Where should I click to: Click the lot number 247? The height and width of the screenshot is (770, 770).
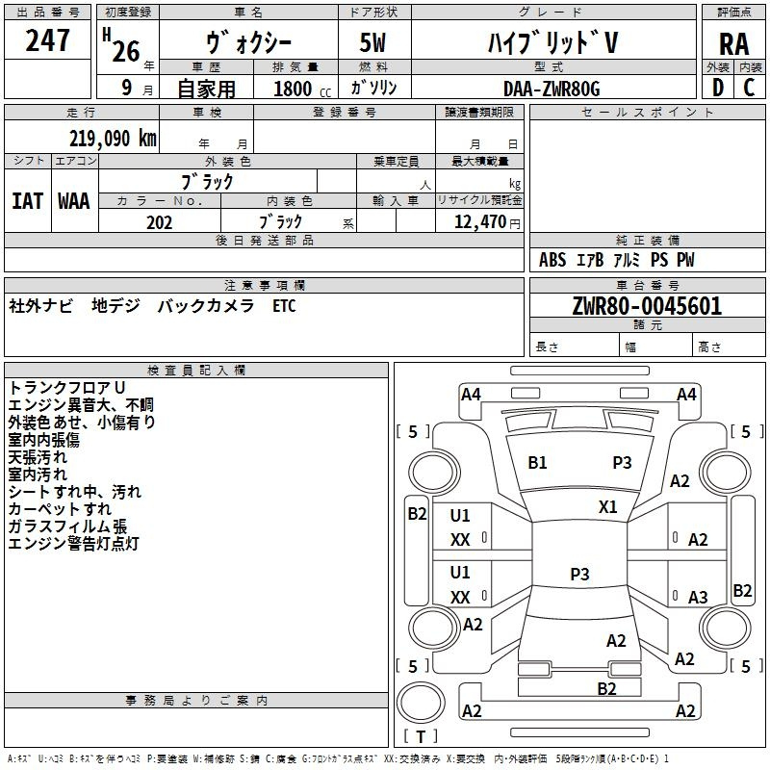pyautogui.click(x=47, y=39)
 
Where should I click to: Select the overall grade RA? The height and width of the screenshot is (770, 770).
pyautogui.click(x=733, y=44)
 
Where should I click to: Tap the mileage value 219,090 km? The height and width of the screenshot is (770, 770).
pyautogui.click(x=113, y=139)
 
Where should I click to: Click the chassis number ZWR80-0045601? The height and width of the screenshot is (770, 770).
pyautogui.click(x=647, y=305)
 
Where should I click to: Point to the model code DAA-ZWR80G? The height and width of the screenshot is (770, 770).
pyautogui.click(x=552, y=89)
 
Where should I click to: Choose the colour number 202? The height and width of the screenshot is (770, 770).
pyautogui.click(x=160, y=222)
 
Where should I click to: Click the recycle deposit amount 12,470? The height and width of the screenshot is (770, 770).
pyautogui.click(x=479, y=222)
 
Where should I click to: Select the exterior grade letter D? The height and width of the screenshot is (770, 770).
pyautogui.click(x=718, y=88)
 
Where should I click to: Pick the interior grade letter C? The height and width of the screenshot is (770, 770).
pyautogui.click(x=749, y=88)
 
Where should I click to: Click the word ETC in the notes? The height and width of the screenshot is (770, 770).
pyautogui.click(x=284, y=306)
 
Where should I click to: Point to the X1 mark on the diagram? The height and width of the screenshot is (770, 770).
pyautogui.click(x=607, y=506)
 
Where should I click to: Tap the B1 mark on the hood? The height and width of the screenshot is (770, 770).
pyautogui.click(x=537, y=463)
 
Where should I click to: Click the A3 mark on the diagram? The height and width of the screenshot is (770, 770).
pyautogui.click(x=698, y=597)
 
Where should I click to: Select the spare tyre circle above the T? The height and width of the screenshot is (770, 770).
pyautogui.click(x=421, y=703)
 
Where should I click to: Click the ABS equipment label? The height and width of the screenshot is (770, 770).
pyautogui.click(x=552, y=260)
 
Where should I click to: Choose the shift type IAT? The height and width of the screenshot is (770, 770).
pyautogui.click(x=28, y=201)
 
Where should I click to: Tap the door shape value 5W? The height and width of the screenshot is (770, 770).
pyautogui.click(x=372, y=42)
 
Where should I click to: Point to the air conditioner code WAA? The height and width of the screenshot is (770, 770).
pyautogui.click(x=74, y=201)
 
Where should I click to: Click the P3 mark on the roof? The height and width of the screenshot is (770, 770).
pyautogui.click(x=579, y=574)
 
